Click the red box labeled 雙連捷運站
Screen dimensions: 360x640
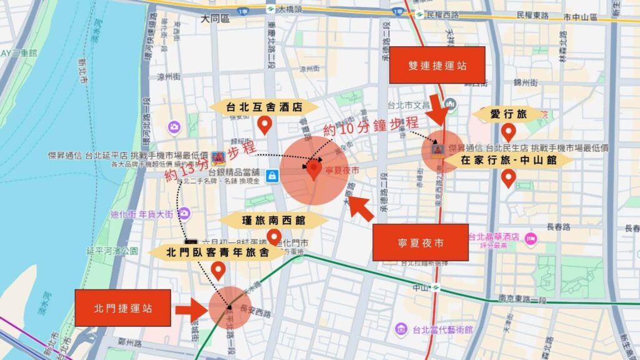[437, 65]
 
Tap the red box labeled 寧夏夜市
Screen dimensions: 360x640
[420, 242]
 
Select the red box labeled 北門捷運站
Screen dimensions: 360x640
[122, 307]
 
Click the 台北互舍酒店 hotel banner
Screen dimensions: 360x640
[264, 107]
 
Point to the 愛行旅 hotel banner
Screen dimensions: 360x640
[509, 114]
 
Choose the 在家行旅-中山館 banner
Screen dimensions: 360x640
[508, 160]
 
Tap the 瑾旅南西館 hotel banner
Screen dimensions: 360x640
[274, 220]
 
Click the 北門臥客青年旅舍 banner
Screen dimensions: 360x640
[217, 252]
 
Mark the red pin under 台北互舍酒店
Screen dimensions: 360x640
[264, 126]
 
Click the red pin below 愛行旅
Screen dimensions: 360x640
[509, 132]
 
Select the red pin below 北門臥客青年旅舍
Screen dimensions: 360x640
[218, 271]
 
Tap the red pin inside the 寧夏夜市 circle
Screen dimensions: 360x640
[314, 169]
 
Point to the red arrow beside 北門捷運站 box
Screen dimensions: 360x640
[191, 309]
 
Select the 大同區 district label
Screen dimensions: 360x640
[215, 20]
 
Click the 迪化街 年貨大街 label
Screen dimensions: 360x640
[142, 214]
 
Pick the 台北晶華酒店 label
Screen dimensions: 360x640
[494, 237]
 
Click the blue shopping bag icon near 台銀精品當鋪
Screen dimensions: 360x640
[272, 177]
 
